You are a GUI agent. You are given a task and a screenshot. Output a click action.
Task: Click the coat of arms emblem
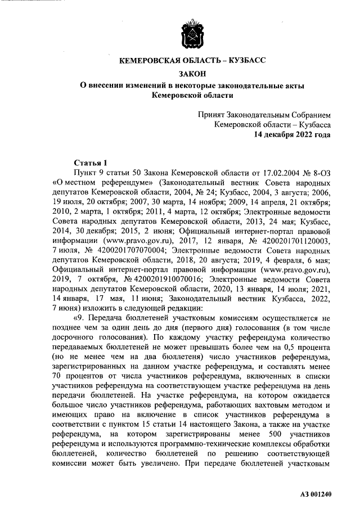click(x=191, y=35)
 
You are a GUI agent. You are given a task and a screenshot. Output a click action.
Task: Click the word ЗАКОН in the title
click(x=192, y=73)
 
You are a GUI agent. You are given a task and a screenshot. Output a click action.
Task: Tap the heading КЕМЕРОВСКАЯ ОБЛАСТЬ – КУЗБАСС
click(x=191, y=61)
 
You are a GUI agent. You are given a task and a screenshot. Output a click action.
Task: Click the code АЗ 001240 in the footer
click(x=316, y=494)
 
